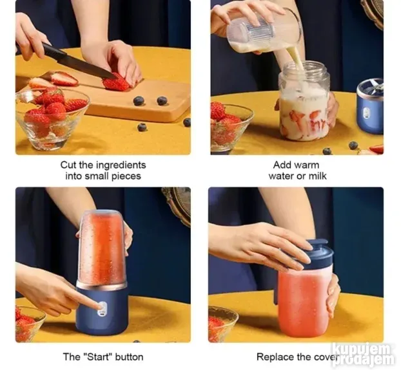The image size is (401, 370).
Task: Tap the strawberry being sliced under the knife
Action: [116, 82]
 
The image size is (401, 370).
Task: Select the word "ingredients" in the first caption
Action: [121, 165]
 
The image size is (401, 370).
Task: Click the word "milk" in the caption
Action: [318, 176]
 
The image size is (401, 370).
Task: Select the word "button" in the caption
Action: [129, 356]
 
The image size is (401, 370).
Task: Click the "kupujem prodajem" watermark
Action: [364, 354]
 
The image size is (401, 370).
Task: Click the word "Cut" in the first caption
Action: [68, 165]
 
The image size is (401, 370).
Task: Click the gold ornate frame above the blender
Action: [177, 201]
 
